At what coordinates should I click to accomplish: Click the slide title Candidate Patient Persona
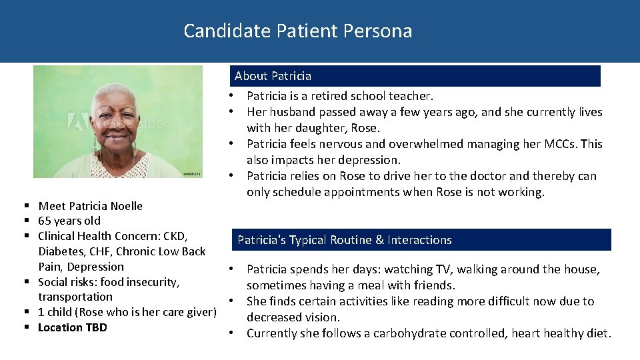click(x=297, y=31)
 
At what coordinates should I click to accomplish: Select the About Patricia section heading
click(x=273, y=76)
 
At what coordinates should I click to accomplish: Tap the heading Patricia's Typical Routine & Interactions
click(x=344, y=240)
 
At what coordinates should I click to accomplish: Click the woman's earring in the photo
click(x=94, y=145)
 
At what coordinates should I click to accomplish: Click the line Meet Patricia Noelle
click(x=90, y=206)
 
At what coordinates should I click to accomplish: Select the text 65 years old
click(x=69, y=221)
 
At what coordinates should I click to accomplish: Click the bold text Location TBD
click(x=72, y=327)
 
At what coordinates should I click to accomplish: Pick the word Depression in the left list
click(x=100, y=267)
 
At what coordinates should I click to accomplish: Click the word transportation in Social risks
click(x=75, y=297)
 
